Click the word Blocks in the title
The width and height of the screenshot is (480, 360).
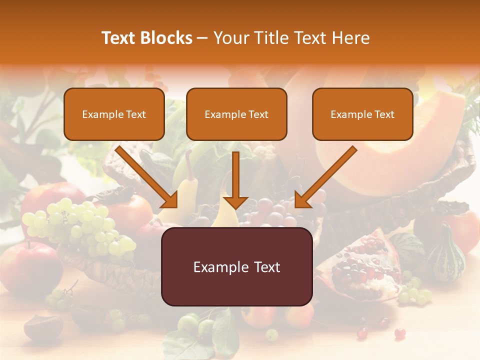(166, 38)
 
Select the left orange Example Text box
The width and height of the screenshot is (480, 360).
(114, 114)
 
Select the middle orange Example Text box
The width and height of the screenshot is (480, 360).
(236, 114)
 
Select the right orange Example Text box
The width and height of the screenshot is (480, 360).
(362, 114)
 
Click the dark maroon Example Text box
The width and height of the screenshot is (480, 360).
(236, 267)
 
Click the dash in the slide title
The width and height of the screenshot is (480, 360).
(202, 38)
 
